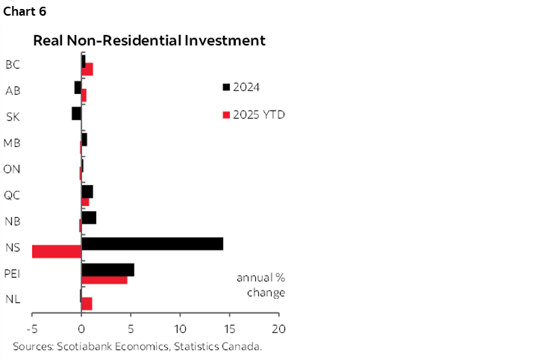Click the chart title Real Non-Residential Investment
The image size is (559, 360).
coord(149,41)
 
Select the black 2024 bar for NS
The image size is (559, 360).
coord(152,243)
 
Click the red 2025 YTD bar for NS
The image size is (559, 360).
coord(57,252)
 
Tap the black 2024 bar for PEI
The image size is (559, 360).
coord(107,270)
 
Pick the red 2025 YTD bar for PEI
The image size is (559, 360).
coord(104,279)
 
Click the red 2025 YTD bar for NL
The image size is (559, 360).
coord(87,303)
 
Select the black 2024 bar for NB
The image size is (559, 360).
coord(89,217)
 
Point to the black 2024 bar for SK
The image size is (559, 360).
coord(76,114)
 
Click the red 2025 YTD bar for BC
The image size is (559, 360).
coord(87,69)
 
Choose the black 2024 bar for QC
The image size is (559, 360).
coord(87,191)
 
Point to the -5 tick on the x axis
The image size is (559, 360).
coord(32,329)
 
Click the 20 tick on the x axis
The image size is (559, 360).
coord(279,329)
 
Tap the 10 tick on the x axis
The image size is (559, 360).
coord(180,329)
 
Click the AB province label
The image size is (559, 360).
coord(13,90)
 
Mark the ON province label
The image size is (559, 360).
coord(12,169)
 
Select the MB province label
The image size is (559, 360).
coord(12,143)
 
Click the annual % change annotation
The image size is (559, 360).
coord(260,285)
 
